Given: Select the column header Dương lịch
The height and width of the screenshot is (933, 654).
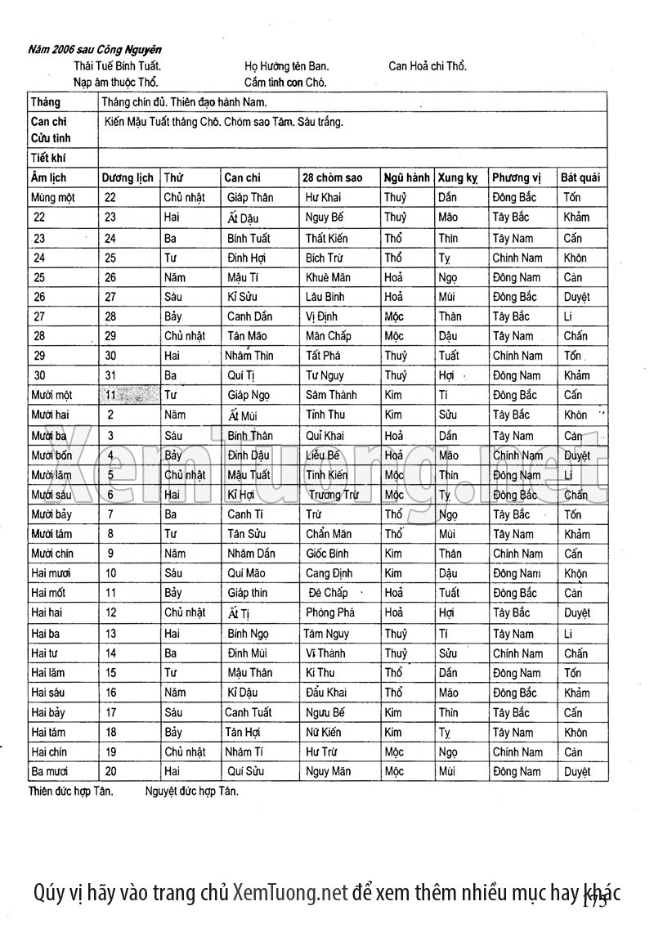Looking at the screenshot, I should (x=127, y=178).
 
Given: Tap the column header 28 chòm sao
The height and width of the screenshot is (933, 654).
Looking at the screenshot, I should (x=332, y=178).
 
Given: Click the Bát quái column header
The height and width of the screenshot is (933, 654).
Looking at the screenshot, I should (x=581, y=178).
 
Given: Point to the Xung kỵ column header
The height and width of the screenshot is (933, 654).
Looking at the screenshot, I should (x=458, y=178).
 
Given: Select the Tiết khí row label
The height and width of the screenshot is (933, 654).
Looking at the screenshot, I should (x=47, y=158).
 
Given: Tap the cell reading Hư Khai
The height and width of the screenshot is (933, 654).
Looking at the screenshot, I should (x=323, y=198).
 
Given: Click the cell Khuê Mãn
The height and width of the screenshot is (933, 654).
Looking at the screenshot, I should (x=328, y=277).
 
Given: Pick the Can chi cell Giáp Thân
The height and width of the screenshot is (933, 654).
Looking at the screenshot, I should (x=250, y=198).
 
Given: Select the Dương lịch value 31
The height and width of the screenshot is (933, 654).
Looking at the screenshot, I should (x=110, y=375).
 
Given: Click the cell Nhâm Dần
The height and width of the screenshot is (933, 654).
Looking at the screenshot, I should (x=251, y=554).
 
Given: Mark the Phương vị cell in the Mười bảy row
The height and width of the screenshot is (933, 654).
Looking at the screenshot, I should (x=511, y=514).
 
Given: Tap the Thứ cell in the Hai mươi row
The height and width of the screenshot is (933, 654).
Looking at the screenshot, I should (x=173, y=573).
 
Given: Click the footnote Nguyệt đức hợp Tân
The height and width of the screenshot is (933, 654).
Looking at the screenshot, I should (x=192, y=792).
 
